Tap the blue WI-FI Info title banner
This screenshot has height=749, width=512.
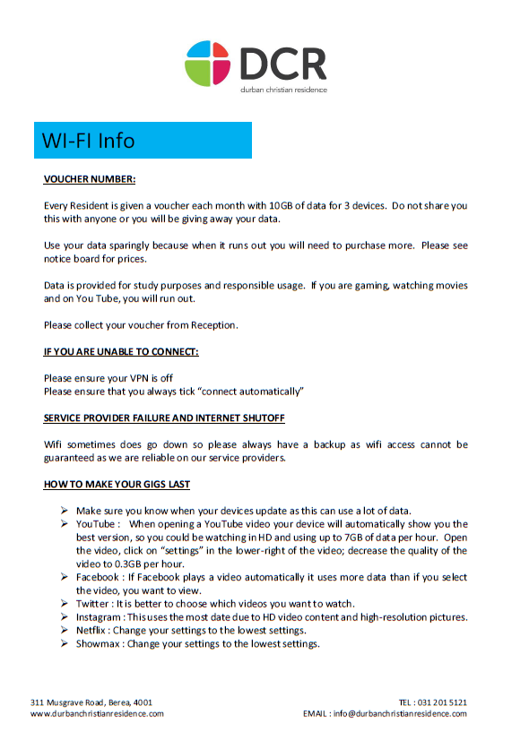point(143,141)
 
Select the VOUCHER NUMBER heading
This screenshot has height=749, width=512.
point(90,179)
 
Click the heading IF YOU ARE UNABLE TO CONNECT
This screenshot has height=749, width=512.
point(121,351)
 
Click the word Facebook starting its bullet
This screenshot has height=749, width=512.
point(97,577)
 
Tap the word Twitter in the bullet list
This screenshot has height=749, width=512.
point(92,604)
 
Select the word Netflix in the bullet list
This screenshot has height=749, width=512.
point(92,631)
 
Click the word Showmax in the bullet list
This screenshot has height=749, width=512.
point(98,644)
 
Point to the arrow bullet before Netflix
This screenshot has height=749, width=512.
point(65,631)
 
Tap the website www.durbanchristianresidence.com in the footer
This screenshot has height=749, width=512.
point(97,714)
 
